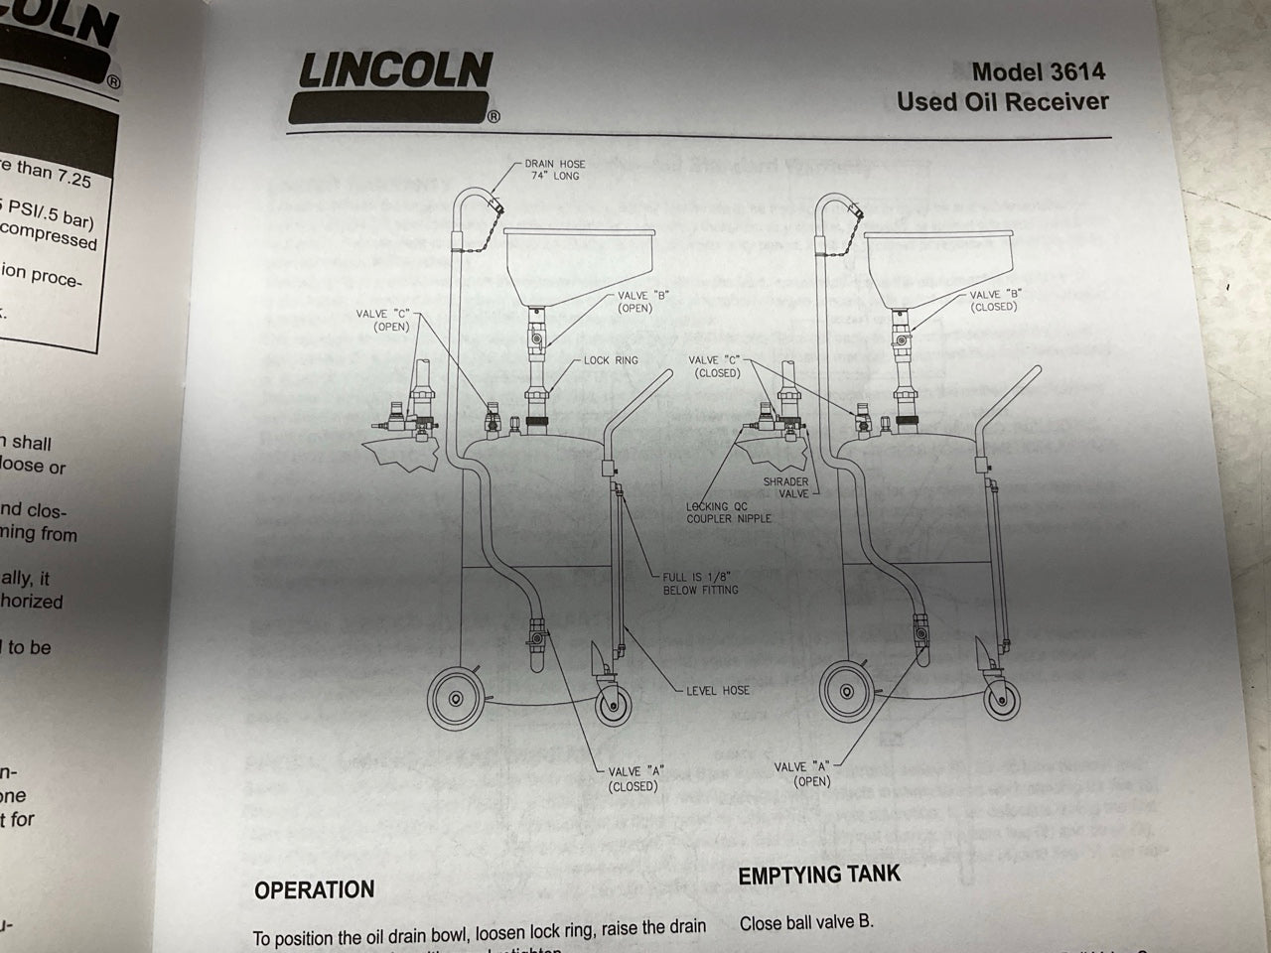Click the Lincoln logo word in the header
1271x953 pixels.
395,70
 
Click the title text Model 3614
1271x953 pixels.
1038,71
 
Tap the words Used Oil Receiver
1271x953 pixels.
1002,101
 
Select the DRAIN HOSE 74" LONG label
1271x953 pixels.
554,170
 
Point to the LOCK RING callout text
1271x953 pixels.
611,360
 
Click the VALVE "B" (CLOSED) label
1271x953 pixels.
994,301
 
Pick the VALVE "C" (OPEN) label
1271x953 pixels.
386,320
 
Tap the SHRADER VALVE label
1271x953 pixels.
785,487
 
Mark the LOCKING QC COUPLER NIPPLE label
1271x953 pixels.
728,512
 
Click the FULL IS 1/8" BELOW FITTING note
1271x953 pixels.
701,583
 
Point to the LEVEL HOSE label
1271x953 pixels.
717,690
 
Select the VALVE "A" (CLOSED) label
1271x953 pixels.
635,778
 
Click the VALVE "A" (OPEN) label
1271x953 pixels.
804,773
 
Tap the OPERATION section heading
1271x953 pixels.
314,889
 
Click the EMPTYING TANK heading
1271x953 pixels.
819,875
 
